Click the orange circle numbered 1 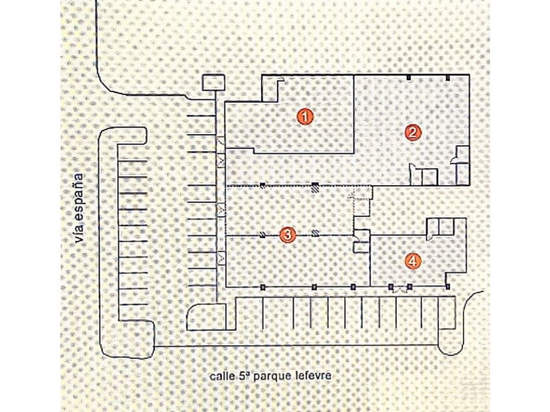point(305,116)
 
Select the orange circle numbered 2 point(412,132)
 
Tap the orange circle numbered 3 point(287,235)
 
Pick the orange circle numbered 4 point(413,261)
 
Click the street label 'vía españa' point(80,208)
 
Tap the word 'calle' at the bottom point(220,376)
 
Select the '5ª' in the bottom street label point(242,376)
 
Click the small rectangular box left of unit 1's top point(213,82)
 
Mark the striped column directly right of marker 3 point(316,233)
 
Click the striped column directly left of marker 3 point(263,234)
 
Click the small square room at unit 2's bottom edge point(430,177)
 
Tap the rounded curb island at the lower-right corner point(450,341)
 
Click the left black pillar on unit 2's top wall point(409,77)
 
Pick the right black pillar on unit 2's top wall point(448,77)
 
